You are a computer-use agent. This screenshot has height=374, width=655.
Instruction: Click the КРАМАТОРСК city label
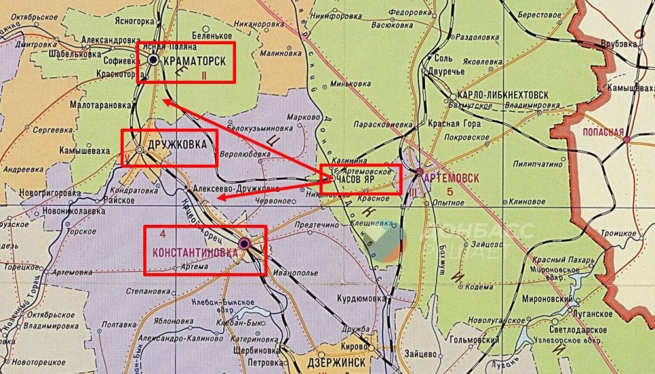coord(196,61)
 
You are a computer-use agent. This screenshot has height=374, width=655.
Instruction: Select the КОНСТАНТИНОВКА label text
coord(195,253)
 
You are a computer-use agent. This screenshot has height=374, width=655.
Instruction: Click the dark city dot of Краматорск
coord(154,60)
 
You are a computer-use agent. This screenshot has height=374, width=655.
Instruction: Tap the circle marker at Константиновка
coord(244,243)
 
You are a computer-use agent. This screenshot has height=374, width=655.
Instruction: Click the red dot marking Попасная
coord(626,139)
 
